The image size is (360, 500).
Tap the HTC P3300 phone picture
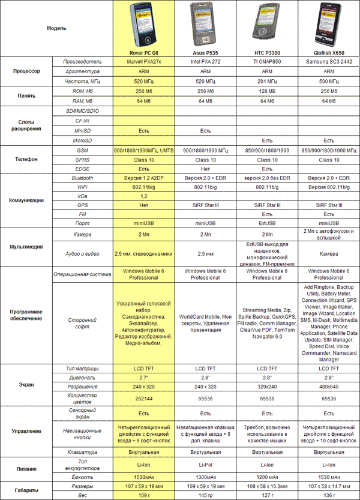point(266,25)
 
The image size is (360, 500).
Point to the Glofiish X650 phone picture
point(329,25)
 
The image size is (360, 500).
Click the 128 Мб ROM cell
point(266,91)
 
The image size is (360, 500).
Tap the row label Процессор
point(26,71)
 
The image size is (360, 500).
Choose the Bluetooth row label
point(82,178)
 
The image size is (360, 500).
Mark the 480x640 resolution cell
point(329,387)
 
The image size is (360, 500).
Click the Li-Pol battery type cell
point(205,464)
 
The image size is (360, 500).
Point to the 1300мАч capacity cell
point(205,475)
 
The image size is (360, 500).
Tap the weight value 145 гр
point(205,495)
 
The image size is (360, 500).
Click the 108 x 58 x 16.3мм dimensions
point(266,485)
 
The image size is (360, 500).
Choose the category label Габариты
point(26,490)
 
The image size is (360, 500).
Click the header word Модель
point(57,28)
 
